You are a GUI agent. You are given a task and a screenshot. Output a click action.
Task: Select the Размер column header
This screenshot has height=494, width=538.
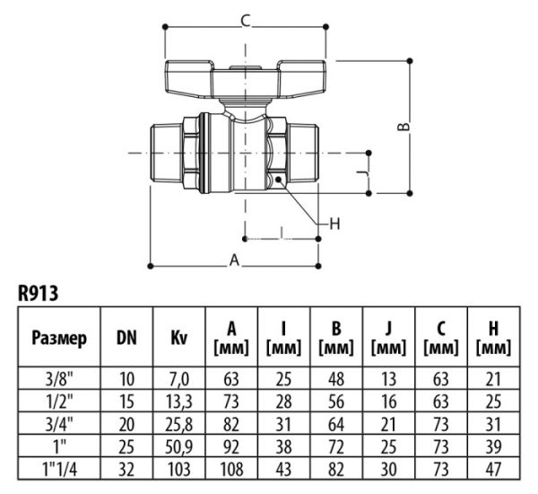click(59, 339)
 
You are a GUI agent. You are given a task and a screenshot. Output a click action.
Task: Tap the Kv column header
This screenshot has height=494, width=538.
click(178, 339)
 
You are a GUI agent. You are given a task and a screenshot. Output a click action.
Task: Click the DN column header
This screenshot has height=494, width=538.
click(126, 339)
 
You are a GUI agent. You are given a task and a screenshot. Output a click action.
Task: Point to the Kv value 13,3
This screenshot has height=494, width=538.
click(178, 401)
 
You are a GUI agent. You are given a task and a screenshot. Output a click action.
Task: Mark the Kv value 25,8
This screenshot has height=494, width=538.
click(178, 425)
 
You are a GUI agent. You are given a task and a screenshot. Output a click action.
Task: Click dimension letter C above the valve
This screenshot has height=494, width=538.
click(245, 21)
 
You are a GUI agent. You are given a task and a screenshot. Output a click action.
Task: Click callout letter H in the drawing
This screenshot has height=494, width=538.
click(334, 223)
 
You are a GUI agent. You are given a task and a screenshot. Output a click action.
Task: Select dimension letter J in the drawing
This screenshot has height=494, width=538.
click(361, 170)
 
